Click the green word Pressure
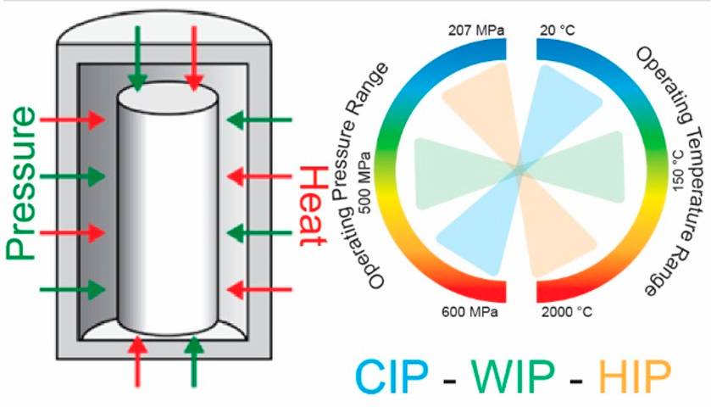coord(23,181)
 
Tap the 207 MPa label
coord(476,31)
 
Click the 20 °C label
coord(560,31)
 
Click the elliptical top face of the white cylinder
coord(165,103)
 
